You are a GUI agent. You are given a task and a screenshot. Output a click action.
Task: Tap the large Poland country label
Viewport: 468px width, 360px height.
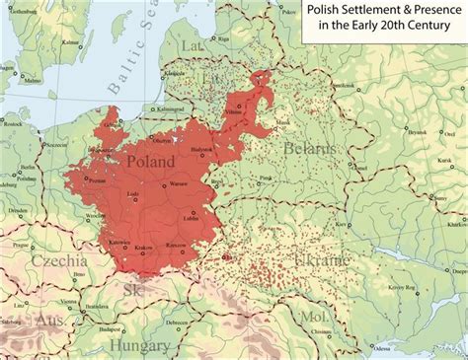tap(150, 161)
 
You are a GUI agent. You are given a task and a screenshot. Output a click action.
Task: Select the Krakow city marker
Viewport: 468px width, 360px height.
tap(144, 245)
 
